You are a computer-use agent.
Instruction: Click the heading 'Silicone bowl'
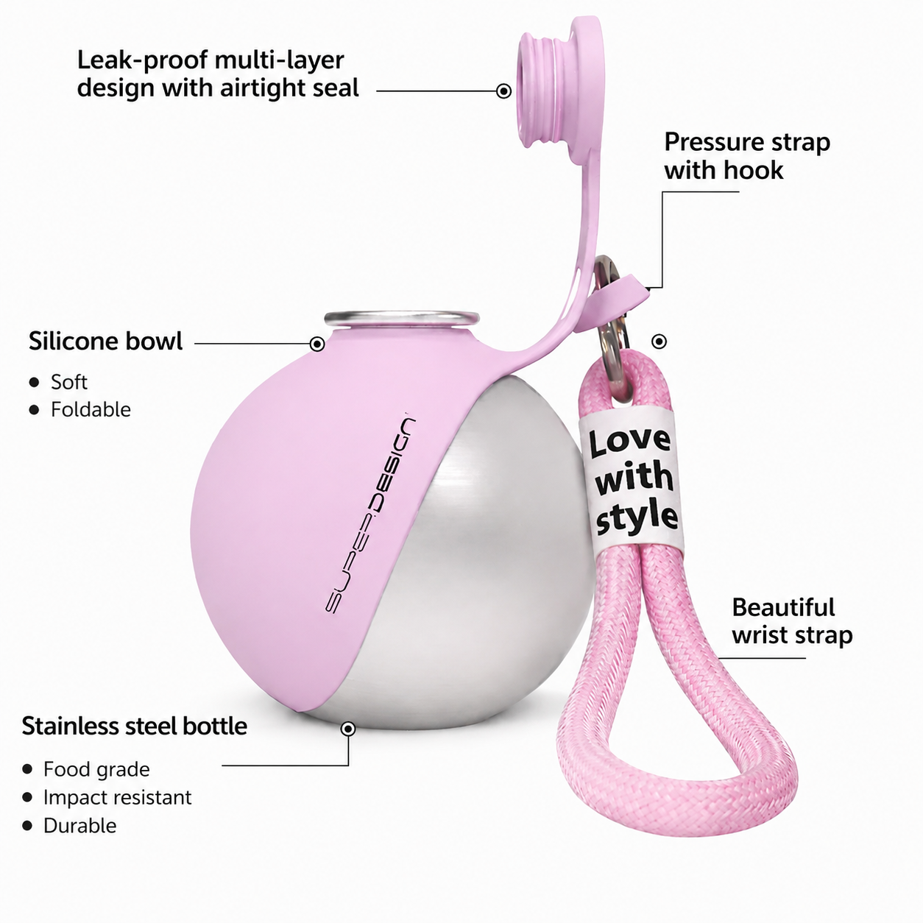coord(106,342)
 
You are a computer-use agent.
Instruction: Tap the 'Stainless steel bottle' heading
coord(135,726)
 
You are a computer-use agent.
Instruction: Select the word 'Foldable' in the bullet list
coord(91,409)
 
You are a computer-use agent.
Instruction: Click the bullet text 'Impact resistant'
coord(117,798)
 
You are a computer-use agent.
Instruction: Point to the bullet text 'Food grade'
coord(96,770)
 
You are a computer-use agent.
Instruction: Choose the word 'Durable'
coord(80,826)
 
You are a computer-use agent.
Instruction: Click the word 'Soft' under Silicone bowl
coord(69,382)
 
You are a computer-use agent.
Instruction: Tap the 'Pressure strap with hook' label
coord(747,156)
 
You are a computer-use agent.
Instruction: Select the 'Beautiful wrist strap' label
coord(792,621)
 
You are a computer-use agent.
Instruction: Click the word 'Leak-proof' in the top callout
coord(142,61)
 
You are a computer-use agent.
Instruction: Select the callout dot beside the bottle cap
coord(503,91)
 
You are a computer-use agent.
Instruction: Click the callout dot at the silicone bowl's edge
coord(316,344)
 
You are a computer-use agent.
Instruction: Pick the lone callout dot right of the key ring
coord(659,342)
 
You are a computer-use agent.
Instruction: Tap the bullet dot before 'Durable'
coord(27,826)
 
